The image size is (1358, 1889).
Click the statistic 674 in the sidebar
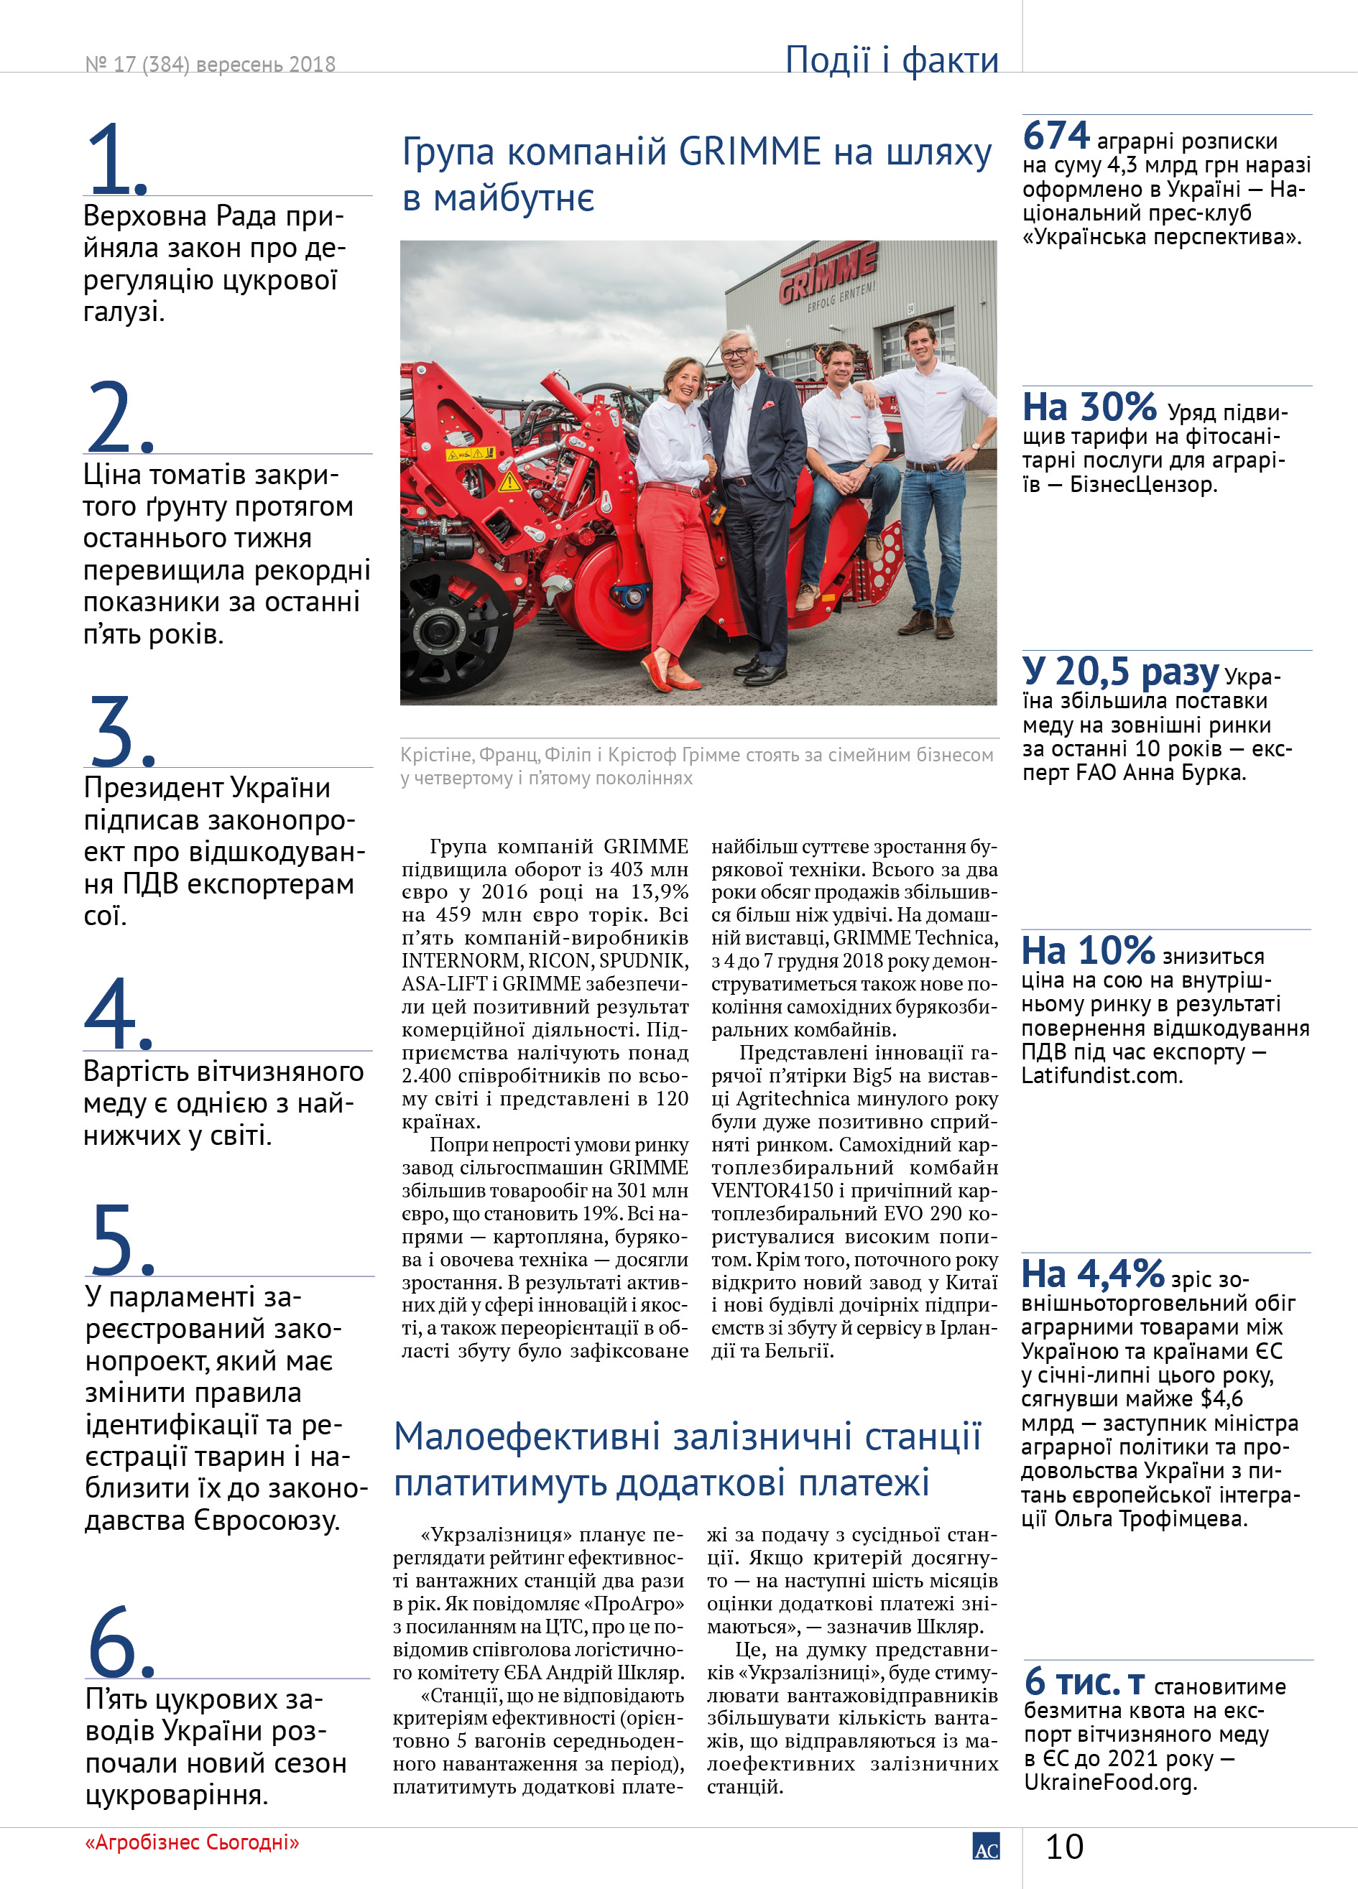click(x=1056, y=136)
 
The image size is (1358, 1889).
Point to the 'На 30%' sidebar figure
click(x=1089, y=408)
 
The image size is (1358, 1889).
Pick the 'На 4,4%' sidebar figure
click(x=1092, y=1274)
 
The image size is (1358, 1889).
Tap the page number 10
click(x=1064, y=1847)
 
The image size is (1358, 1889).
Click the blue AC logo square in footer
click(x=986, y=1847)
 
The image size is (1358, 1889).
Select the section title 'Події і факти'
click(x=891, y=60)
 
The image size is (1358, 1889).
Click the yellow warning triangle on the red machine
click(x=509, y=481)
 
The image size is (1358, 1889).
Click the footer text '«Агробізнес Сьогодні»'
click(x=192, y=1842)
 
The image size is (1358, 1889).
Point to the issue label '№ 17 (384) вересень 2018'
click(x=210, y=64)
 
